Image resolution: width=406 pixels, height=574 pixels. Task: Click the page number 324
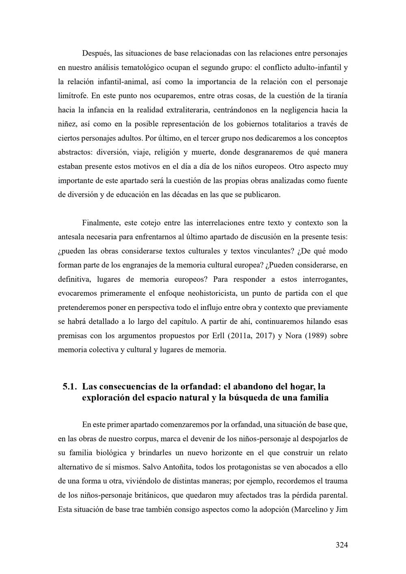coord(341,545)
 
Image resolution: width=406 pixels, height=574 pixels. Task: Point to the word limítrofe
coord(73,96)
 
